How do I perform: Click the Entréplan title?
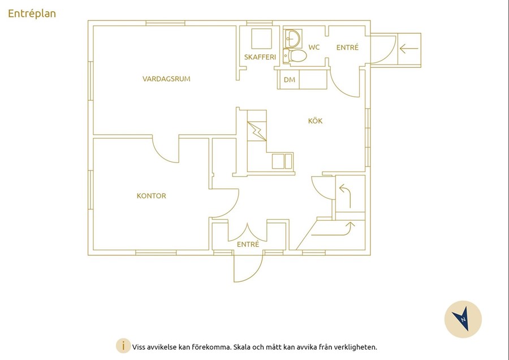(x=32, y=14)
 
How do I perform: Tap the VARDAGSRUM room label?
(x=166, y=79)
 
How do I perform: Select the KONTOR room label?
(x=151, y=196)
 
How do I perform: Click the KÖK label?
(x=315, y=121)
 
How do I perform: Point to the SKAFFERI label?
(x=260, y=57)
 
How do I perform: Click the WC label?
(x=314, y=48)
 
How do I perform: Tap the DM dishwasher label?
(x=290, y=80)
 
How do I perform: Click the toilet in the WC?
(x=295, y=56)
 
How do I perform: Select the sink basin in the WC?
(x=294, y=38)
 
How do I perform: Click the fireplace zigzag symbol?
(x=257, y=131)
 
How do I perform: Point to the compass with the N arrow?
(x=463, y=319)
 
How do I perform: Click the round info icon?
(x=123, y=346)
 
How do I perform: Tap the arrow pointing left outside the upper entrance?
(x=409, y=49)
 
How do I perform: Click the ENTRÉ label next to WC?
(x=347, y=48)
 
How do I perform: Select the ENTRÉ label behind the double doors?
(x=248, y=245)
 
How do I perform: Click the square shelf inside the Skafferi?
(x=262, y=38)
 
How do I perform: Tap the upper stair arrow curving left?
(x=346, y=196)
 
